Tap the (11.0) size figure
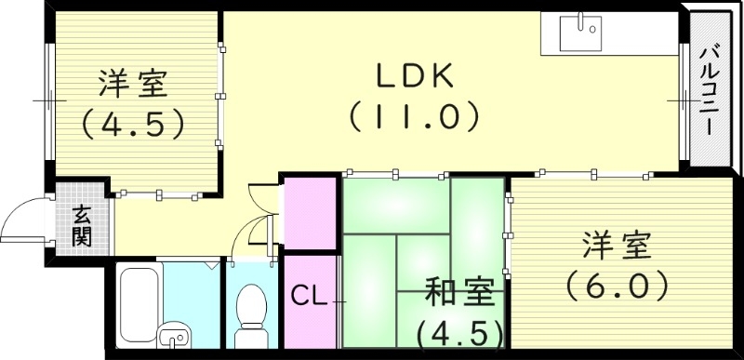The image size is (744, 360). tap(414, 115)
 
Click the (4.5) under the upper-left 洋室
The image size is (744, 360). tap(131, 122)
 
